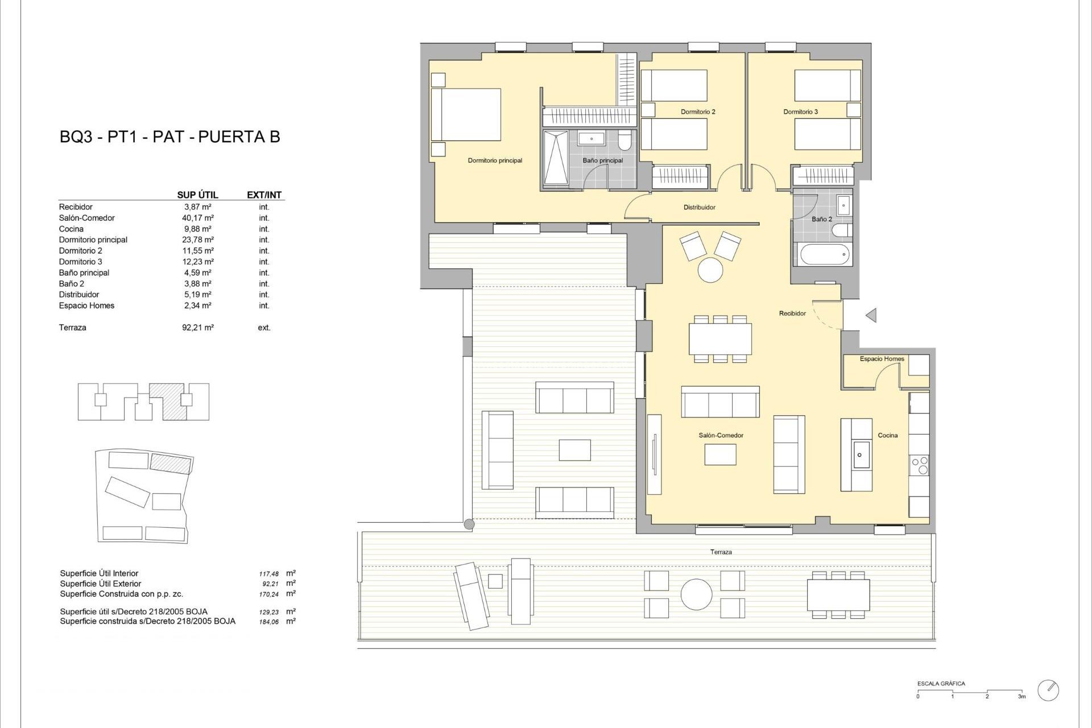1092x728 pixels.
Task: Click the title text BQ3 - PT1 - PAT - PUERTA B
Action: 169,137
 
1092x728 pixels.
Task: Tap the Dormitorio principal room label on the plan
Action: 495,160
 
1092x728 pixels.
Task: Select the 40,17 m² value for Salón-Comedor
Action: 197,218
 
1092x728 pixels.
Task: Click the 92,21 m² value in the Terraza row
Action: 197,328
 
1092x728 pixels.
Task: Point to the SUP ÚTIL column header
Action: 197,195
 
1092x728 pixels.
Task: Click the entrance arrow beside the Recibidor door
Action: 871,315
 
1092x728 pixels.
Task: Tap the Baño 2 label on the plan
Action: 822,219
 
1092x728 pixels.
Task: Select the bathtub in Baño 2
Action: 825,254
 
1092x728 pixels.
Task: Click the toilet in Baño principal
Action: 624,139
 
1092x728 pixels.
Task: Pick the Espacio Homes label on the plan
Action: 882,359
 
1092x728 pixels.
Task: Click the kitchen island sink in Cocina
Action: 859,454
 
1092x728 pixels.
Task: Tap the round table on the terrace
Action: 696,594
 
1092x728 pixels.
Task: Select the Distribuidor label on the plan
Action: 699,208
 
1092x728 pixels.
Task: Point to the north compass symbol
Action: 1048,690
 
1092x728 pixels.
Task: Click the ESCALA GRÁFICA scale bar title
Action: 941,684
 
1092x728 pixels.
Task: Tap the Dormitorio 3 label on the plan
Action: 800,112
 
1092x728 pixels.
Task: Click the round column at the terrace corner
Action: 469,524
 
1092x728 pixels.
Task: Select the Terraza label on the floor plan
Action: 721,552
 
